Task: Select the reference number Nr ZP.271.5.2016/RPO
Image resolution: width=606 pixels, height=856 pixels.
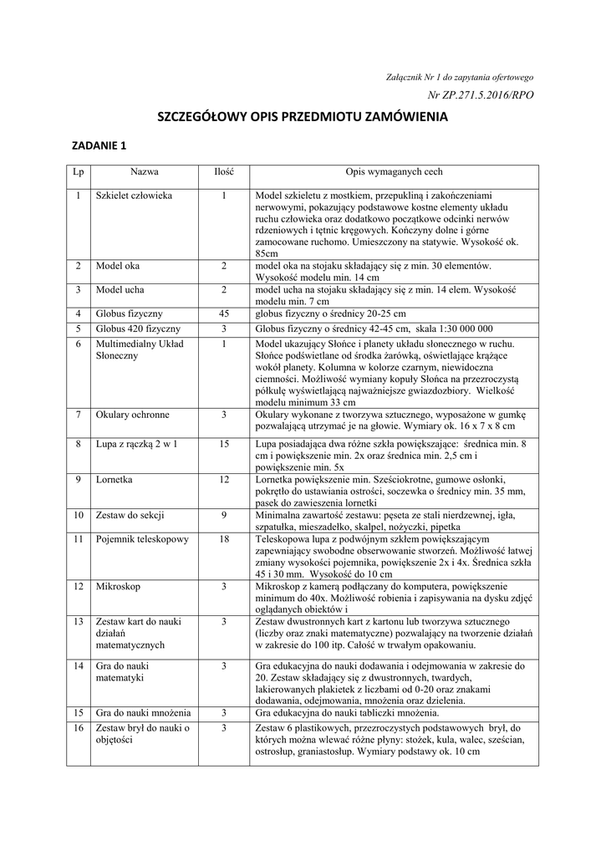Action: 480,96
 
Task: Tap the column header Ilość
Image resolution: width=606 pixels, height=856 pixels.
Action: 224,172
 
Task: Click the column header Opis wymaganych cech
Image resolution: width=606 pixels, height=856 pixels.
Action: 394,172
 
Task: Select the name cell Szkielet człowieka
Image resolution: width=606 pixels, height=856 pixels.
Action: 134,196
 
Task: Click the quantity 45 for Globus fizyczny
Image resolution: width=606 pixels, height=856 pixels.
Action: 224,313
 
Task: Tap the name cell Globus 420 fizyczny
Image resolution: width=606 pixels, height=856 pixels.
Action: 138,329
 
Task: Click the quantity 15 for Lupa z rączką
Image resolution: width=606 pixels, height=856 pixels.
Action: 224,444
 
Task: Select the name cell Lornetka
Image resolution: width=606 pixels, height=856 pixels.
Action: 115,480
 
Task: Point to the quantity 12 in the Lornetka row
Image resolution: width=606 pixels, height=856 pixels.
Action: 224,480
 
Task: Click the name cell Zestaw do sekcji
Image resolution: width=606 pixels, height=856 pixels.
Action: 130,515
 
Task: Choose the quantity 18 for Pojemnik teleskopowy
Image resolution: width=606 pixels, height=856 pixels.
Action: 224,539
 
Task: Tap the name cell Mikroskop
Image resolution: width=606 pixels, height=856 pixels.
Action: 118,587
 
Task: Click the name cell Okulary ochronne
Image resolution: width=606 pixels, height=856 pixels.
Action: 132,415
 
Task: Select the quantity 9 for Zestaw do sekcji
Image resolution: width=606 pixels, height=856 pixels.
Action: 224,515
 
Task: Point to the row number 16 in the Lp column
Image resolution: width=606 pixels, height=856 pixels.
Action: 79,728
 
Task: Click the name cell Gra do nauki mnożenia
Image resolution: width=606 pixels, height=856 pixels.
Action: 143,713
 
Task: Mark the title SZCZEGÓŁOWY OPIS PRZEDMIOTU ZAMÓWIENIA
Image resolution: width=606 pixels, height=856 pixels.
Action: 303,118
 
